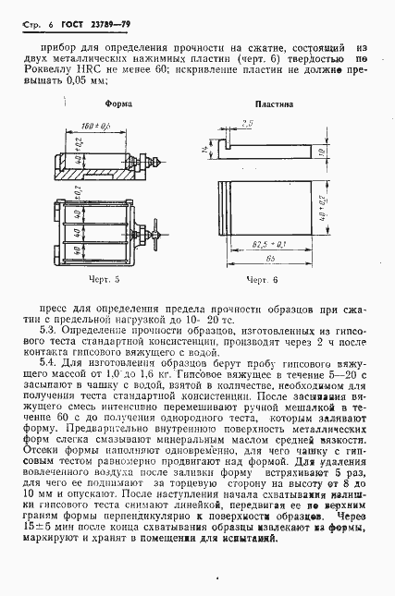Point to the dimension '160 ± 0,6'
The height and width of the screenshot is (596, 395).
pos(95,124)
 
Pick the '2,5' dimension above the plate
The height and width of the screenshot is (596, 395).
pos(247,122)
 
